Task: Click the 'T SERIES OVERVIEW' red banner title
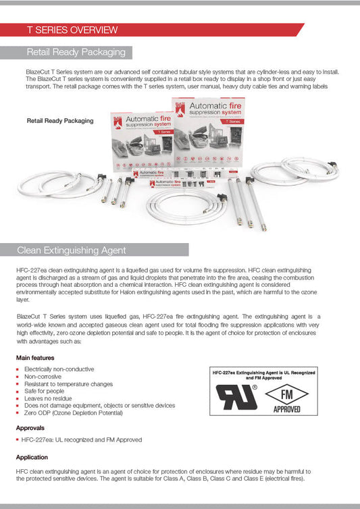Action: click(x=72, y=30)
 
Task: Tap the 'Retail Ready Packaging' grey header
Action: click(x=76, y=52)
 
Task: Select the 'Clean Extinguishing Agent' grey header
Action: click(x=71, y=250)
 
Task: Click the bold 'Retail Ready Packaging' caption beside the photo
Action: click(x=60, y=121)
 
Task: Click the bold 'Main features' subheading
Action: click(x=36, y=357)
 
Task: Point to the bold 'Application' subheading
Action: click(x=32, y=457)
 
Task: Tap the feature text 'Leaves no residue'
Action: click(x=51, y=398)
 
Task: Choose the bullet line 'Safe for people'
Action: click(x=45, y=391)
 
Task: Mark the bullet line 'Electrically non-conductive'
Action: click(x=59, y=369)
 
